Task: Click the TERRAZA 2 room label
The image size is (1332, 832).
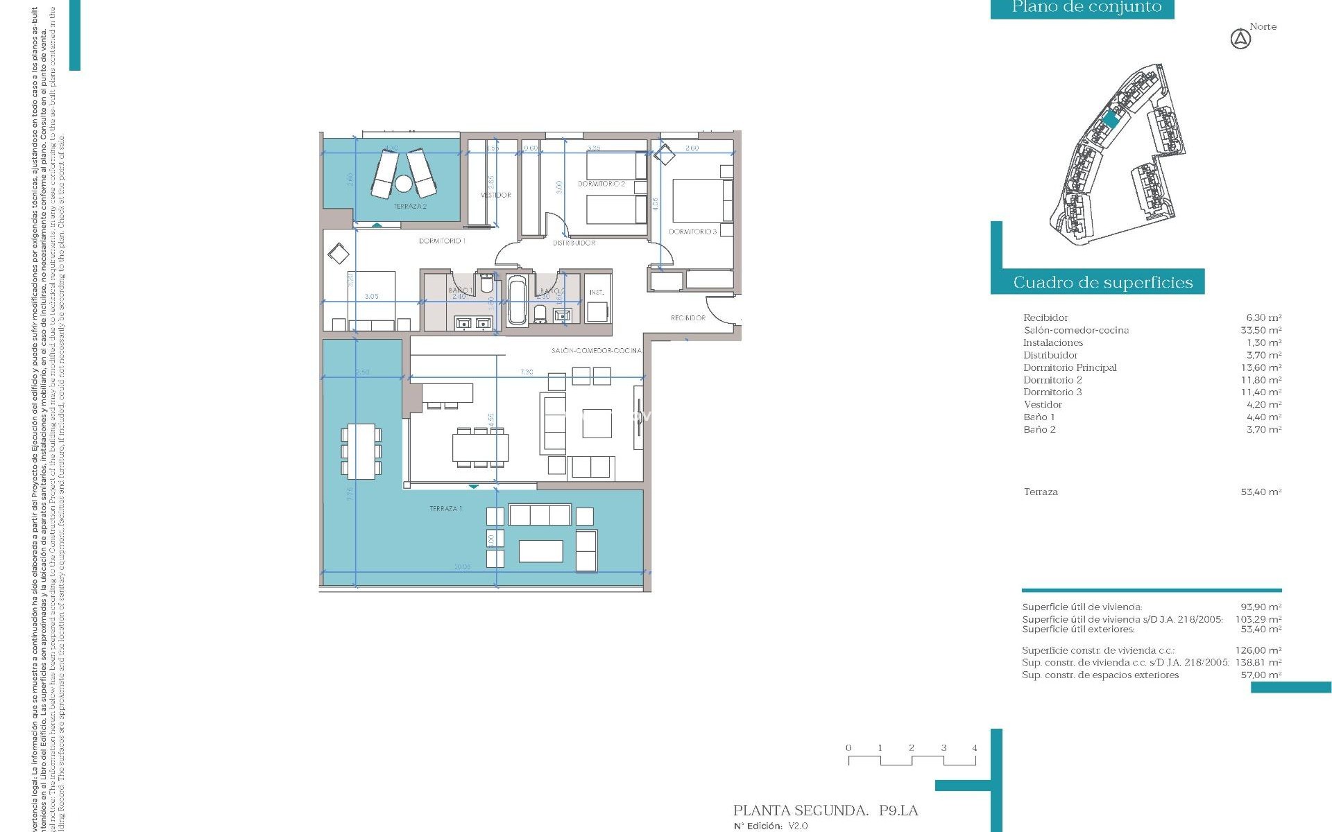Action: [x=410, y=207]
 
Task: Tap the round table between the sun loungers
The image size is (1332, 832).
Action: [x=403, y=184]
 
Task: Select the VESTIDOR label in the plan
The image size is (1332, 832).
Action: [x=495, y=196]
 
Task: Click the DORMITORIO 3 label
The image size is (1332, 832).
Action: [x=692, y=232]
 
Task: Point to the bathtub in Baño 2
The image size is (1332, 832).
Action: [x=517, y=300]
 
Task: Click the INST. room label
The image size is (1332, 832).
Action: [x=597, y=293]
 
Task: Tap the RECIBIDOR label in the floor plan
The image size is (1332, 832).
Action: [x=688, y=318]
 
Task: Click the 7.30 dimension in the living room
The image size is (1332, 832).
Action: [x=527, y=372]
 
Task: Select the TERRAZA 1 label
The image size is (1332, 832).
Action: [x=445, y=509]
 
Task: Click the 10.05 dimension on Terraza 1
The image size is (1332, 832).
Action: [x=462, y=567]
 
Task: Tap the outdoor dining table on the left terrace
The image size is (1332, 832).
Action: [x=361, y=451]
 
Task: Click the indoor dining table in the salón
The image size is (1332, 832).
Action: [x=480, y=447]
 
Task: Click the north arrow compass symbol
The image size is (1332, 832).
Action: [x=1240, y=40]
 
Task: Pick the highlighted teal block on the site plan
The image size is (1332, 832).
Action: [x=1111, y=120]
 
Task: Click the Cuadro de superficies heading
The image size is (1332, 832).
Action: [x=1102, y=282]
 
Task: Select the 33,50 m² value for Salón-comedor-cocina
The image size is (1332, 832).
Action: [x=1261, y=331]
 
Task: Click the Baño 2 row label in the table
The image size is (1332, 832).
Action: [x=1039, y=430]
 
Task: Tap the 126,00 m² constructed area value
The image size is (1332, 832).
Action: [x=1258, y=651]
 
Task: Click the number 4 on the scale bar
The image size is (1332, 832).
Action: [x=975, y=748]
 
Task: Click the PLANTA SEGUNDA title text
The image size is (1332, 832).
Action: [x=801, y=811]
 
